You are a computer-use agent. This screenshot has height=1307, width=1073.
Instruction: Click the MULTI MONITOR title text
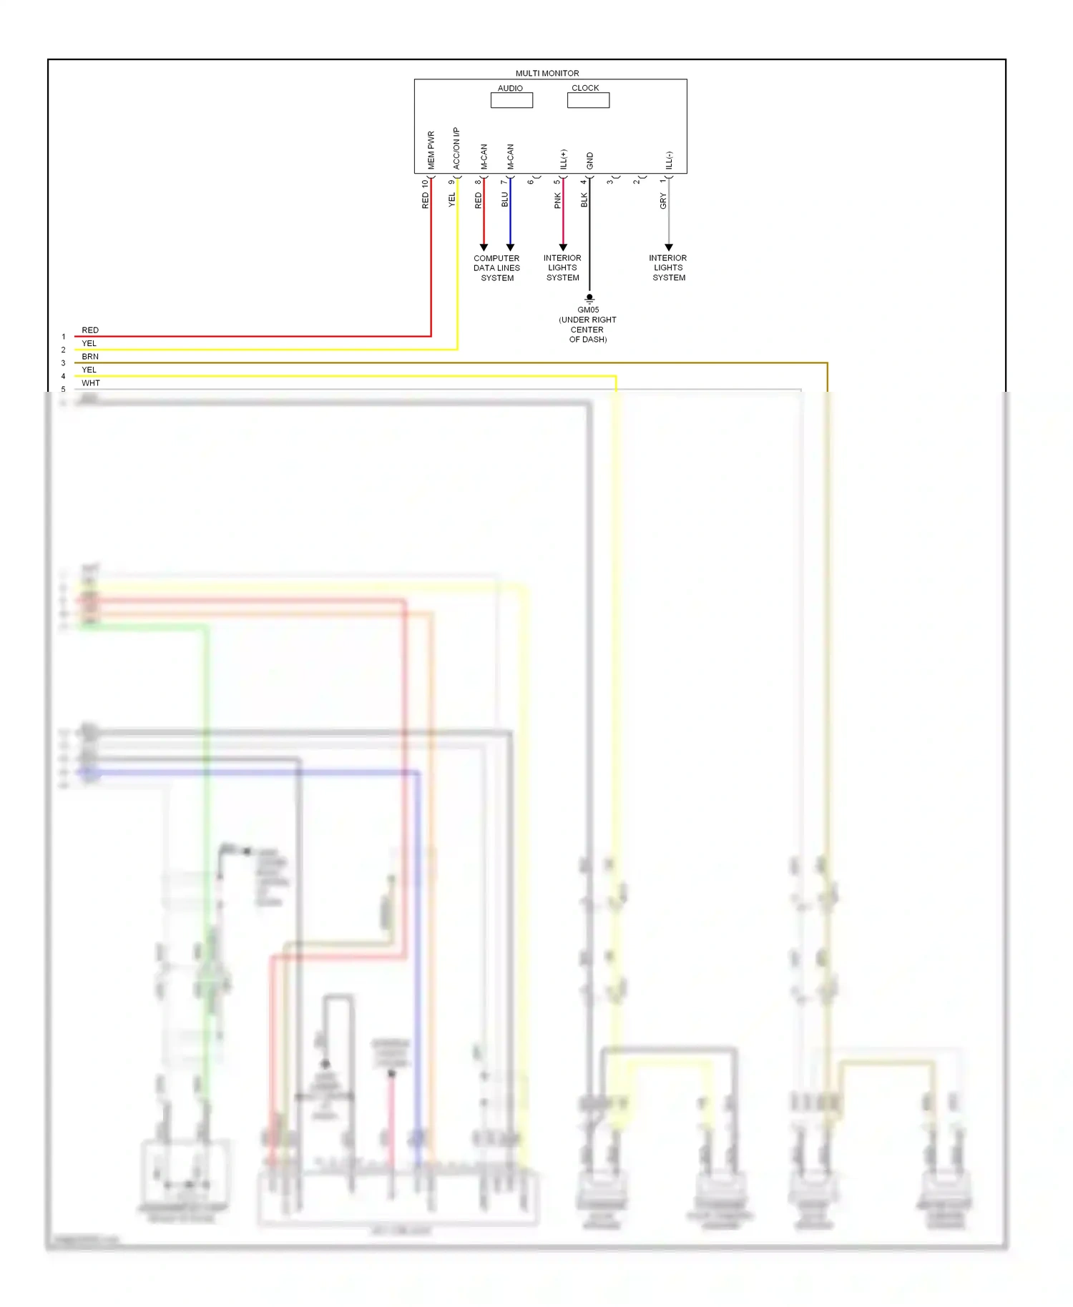547,73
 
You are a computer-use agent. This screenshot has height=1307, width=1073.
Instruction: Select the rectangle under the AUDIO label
511,101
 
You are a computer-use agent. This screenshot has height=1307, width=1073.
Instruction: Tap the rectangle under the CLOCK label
588,101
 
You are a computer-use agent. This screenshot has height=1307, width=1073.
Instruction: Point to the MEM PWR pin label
431,150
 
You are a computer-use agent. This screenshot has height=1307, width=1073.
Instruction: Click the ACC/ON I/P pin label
456,148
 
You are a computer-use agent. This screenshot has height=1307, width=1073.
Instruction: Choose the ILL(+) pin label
564,159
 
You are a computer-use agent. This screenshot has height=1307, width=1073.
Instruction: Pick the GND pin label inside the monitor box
590,161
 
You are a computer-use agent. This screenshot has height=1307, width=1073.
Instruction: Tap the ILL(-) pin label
670,160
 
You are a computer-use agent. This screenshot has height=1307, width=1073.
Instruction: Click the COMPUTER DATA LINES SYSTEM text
496,268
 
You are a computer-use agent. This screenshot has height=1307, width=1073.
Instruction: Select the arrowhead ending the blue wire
510,247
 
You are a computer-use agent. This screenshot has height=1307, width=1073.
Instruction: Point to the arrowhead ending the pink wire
563,247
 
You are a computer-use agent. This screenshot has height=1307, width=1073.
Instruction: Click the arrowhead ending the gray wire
669,247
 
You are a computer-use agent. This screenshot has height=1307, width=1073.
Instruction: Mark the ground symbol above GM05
589,298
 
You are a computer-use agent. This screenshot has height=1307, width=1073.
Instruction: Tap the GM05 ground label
588,310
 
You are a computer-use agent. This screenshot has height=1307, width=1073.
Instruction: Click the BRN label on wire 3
90,357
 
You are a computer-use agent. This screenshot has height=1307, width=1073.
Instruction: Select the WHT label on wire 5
91,383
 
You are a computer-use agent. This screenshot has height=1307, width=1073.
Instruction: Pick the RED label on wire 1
90,330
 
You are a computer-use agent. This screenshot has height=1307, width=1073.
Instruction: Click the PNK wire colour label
558,201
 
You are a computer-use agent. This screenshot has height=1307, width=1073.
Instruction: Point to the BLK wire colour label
584,200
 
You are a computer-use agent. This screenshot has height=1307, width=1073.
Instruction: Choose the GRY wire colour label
663,201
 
